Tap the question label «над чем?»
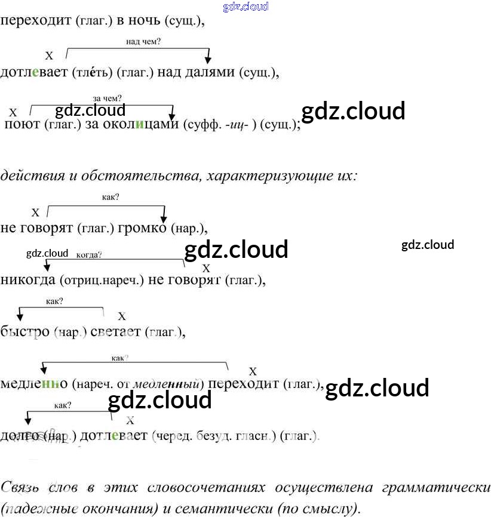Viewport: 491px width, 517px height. click(x=143, y=42)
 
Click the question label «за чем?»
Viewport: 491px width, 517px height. click(x=108, y=99)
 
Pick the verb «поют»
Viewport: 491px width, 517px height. click(x=22, y=125)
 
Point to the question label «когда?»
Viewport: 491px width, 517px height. click(x=90, y=254)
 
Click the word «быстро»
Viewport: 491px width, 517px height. click(x=24, y=332)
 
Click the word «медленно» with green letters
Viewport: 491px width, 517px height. click(x=34, y=384)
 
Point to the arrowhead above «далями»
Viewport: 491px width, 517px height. click(x=208, y=60)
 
